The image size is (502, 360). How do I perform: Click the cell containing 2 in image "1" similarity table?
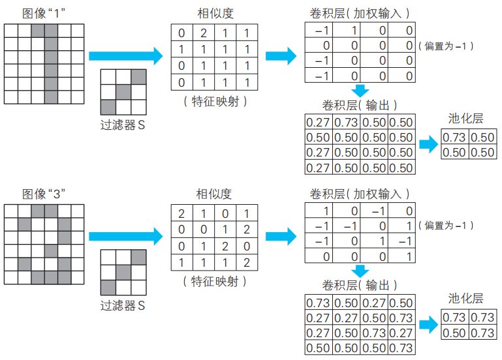pos(203,33)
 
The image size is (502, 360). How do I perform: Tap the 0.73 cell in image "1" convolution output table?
pos(345,123)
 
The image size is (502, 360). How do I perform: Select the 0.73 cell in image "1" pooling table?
pos(454,138)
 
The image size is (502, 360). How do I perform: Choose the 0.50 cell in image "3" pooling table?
pos(454,333)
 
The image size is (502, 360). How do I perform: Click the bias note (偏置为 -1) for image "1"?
pos(448,46)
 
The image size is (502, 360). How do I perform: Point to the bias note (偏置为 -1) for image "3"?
pos(448,226)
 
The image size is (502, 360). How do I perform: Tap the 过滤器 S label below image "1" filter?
pos(123,125)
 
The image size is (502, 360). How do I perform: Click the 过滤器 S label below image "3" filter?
pos(123,305)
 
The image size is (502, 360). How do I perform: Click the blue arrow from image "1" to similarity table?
pos(125,56)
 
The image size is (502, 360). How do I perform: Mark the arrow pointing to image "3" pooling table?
pos(428,324)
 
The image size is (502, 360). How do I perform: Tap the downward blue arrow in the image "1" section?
pos(360,91)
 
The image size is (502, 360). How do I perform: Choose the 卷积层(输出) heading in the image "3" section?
pos(360,285)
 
